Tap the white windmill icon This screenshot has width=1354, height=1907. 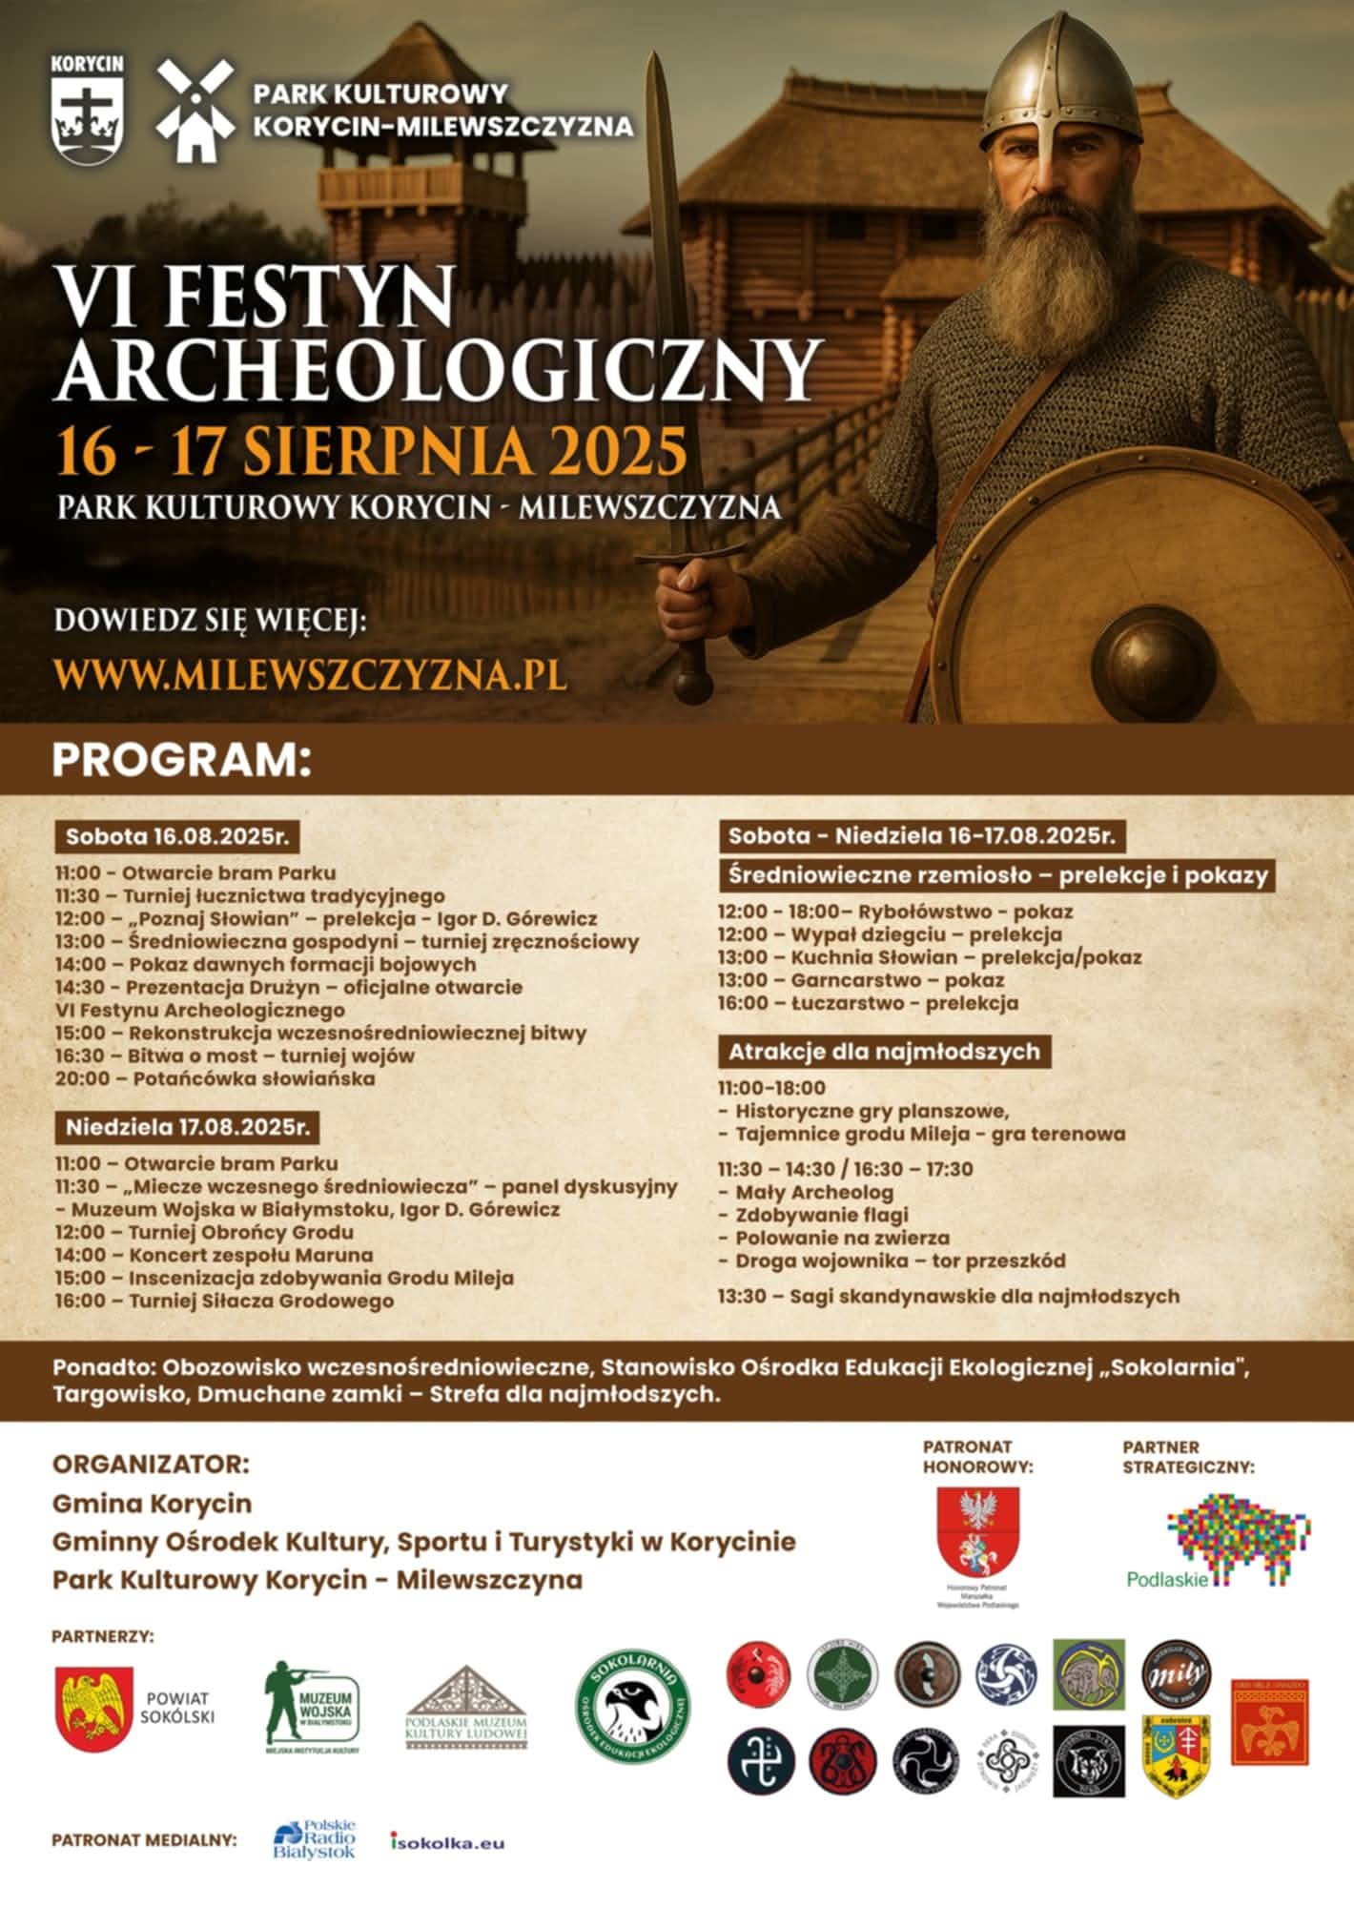tap(195, 110)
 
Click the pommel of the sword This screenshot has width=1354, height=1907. tap(693, 685)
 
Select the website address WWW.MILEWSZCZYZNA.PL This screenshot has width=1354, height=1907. tap(311, 673)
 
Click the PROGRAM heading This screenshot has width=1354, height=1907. tap(181, 761)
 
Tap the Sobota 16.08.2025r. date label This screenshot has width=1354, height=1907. tap(176, 837)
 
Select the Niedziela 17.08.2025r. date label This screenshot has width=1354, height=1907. tap(188, 1127)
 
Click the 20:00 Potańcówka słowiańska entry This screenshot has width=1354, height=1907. tap(215, 1079)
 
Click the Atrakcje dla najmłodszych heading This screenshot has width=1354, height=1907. tap(884, 1052)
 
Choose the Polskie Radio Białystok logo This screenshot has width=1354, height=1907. tap(314, 1838)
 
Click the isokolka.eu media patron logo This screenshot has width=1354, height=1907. tap(446, 1842)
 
